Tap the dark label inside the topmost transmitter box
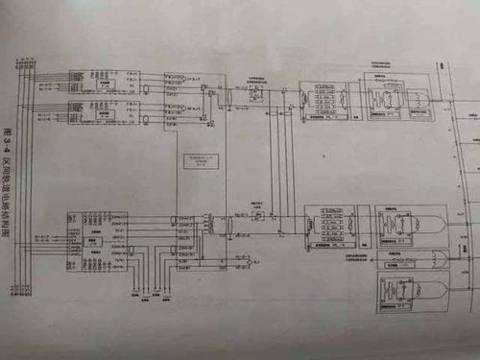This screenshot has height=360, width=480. (x=101, y=84)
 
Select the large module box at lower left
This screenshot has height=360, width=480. (x=97, y=241)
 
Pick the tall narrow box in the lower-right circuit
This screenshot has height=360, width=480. (x=309, y=228)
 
